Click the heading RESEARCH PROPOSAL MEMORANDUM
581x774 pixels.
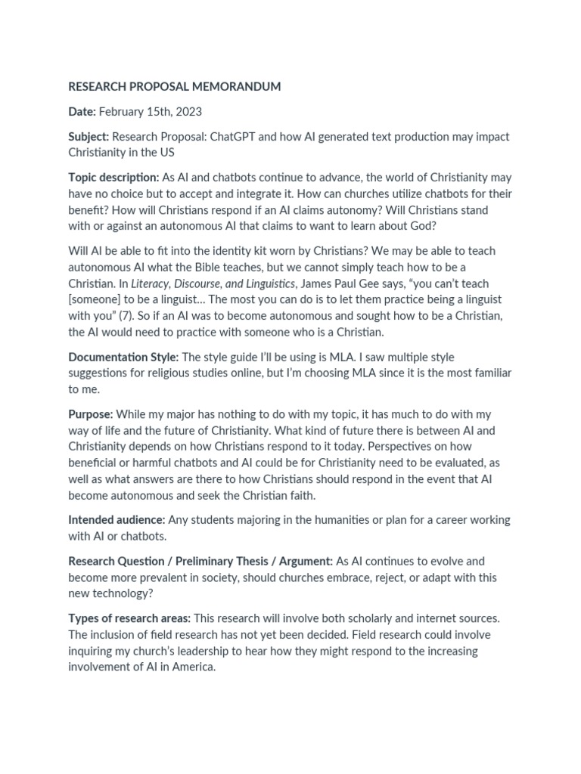(x=174, y=87)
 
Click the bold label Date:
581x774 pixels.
(x=82, y=112)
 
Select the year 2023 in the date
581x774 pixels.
(x=188, y=112)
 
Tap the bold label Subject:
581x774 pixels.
(x=89, y=137)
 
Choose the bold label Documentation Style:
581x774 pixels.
(x=123, y=357)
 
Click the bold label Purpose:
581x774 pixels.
(x=90, y=414)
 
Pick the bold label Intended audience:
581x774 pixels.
(x=117, y=520)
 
